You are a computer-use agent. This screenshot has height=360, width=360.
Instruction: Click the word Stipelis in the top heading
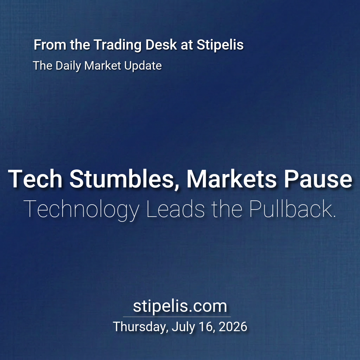[220, 45]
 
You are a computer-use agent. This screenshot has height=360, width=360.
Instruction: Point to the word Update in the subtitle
[143, 66]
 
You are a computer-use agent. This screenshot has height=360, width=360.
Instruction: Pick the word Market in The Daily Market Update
[102, 65]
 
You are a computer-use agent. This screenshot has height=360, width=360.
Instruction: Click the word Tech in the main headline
[35, 179]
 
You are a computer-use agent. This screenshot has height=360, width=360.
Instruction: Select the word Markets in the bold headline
[231, 179]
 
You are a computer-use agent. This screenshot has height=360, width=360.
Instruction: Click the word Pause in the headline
[318, 179]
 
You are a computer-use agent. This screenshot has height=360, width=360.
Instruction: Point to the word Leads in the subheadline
[175, 209]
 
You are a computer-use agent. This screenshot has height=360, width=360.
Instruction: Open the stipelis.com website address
[180, 306]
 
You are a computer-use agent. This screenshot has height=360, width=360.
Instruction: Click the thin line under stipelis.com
[177, 317]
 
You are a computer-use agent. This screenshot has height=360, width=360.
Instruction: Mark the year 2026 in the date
[233, 327]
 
